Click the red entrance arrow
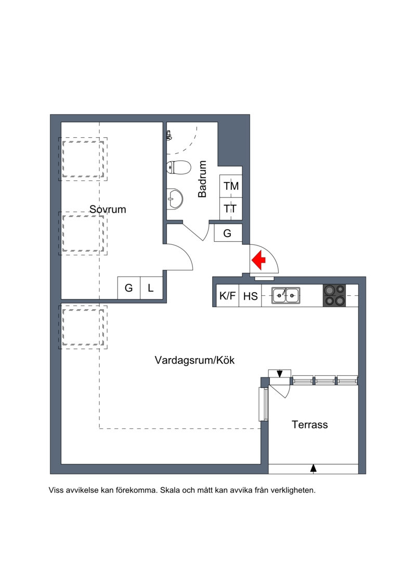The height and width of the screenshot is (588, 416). pos(258,260)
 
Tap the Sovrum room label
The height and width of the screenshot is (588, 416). pos(108,209)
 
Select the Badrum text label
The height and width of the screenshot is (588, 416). pos(202,179)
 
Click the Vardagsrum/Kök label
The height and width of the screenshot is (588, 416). pos(194,360)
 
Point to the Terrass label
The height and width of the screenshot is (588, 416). pos(310,425)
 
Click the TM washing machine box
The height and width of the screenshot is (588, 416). pos(231,186)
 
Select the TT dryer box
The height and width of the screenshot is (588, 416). pos(231,208)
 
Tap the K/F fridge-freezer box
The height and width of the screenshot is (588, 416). pos(228,295)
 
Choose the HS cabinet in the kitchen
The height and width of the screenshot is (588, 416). pos(250,295)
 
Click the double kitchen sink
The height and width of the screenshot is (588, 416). pos(286,295)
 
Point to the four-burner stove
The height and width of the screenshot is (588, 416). pos(334,295)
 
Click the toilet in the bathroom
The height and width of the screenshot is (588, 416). pos(179,167)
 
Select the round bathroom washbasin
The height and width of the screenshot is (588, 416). pos(176,198)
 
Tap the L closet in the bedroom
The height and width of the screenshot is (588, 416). pos(151,288)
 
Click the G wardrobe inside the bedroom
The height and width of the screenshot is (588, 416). pos(128,288)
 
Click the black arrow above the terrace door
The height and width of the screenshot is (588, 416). pos(280,374)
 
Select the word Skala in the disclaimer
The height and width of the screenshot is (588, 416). pos(170,490)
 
